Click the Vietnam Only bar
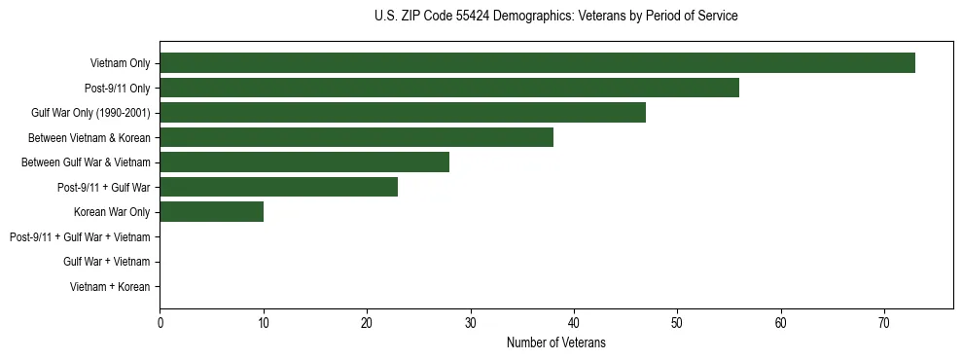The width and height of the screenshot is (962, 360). click(537, 63)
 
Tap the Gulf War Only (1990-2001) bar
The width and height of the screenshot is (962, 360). click(403, 113)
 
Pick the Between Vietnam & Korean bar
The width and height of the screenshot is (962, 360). click(356, 137)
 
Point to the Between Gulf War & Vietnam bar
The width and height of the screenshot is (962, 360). click(304, 162)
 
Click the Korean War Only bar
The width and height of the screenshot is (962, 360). click(211, 212)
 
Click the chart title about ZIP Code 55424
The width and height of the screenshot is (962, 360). click(555, 17)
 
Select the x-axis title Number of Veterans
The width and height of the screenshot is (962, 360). click(555, 342)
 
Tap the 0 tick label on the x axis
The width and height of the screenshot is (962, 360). click(160, 324)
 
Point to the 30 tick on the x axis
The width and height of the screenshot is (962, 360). click(470, 324)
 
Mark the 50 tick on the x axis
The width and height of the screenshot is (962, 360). click(677, 324)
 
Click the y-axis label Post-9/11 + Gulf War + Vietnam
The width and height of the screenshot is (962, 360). click(80, 237)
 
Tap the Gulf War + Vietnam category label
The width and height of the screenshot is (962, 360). click(107, 262)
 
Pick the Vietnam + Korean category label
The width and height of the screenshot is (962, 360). click(110, 287)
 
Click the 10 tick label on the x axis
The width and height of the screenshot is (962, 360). click(263, 324)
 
